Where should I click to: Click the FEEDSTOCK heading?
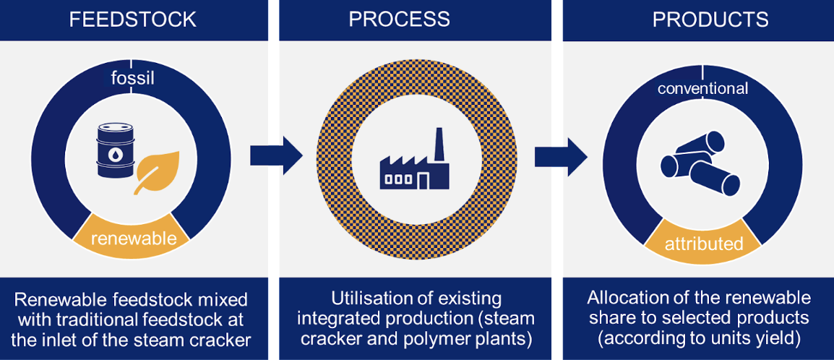pos(132,20)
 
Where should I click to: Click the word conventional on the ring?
pos(702,89)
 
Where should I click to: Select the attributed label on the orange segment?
pos(704,244)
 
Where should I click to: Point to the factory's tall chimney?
pos(438,145)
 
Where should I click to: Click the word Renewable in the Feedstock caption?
pos(56,299)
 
